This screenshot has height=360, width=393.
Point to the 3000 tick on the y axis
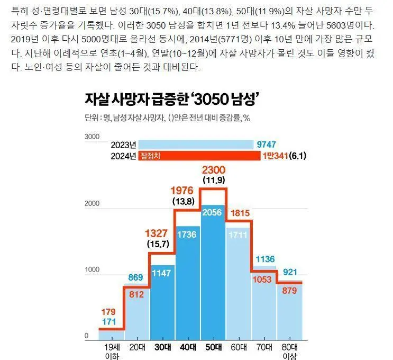click(92, 137)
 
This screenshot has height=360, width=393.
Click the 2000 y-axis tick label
click(92, 203)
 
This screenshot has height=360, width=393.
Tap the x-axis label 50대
click(213, 347)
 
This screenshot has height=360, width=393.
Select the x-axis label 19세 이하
click(112, 352)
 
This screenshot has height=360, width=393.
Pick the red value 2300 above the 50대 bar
click(213, 169)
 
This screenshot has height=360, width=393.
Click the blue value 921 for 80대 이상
click(289, 273)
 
